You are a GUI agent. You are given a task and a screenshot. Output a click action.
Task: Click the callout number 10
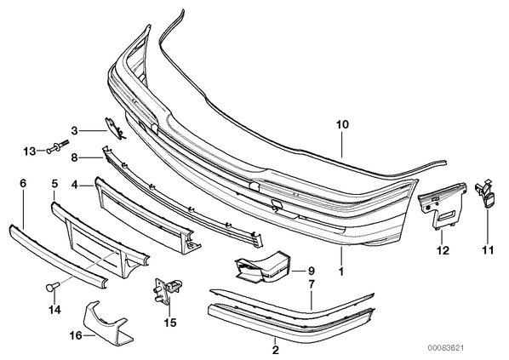coord(342,124)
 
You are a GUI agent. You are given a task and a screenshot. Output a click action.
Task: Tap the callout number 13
coord(30,151)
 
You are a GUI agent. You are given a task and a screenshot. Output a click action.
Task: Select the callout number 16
coord(77,335)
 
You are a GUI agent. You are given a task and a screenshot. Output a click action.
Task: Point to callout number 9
coord(311,271)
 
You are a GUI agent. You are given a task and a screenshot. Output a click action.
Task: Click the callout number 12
coord(443,250)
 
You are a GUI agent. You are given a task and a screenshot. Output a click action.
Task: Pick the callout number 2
coord(275,350)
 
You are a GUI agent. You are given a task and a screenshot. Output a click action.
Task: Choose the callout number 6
coord(23,184)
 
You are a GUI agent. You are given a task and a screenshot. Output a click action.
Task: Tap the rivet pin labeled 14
coord(52,287)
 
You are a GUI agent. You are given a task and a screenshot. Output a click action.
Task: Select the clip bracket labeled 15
coord(167,291)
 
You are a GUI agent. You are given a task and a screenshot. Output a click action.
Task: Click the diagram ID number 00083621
coord(444,348)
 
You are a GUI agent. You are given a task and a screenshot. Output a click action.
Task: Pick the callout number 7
coord(311,285)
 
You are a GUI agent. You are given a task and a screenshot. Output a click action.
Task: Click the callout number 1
coord(340,271)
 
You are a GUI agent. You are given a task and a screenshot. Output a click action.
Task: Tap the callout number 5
coord(54,184)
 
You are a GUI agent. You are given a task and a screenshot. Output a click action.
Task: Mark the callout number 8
coord(74,157)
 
